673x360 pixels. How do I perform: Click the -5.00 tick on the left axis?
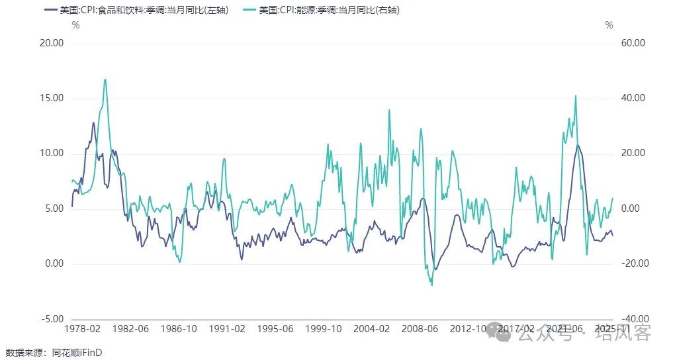point(51,318)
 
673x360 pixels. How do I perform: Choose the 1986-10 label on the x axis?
point(179,328)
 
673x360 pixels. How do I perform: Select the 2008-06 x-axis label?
point(420,328)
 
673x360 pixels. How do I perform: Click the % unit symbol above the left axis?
point(76,25)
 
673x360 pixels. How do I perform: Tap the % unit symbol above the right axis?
point(609,25)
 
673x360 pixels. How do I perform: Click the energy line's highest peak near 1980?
point(105,79)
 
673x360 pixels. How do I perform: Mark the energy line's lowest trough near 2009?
point(432,285)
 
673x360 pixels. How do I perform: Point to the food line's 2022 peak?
point(578,144)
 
